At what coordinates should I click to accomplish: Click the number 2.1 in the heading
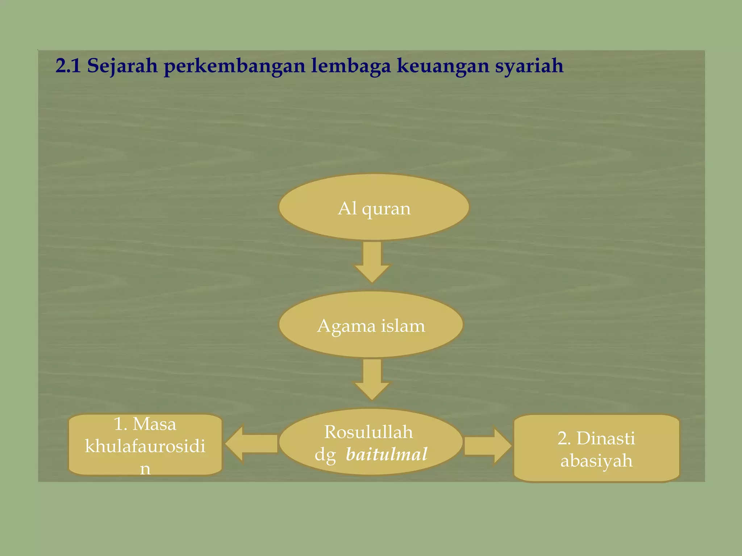[68, 66]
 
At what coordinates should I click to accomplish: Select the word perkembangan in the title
[234, 67]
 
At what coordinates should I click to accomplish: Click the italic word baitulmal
[387, 454]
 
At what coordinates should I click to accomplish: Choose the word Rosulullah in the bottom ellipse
[368, 432]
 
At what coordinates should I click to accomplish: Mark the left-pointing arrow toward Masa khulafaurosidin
[251, 444]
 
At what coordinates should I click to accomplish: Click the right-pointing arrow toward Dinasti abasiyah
[487, 446]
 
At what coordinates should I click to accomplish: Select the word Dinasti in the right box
[605, 438]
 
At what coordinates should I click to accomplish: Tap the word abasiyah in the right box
[596, 461]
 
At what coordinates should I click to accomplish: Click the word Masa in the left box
[154, 424]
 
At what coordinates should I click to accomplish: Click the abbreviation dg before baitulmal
[325, 455]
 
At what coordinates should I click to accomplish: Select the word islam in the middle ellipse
[403, 326]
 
